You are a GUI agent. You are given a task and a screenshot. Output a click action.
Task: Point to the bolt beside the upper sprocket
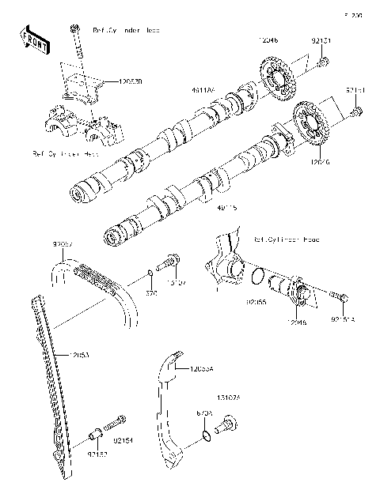click(x=323, y=62)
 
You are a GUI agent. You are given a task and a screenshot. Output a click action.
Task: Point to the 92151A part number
click(x=344, y=320)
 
